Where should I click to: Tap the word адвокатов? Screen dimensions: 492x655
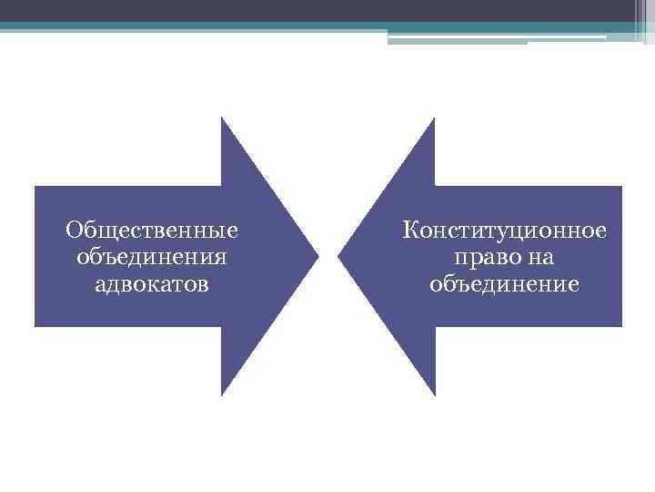[151, 284]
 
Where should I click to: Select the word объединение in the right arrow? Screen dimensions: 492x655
[504, 284]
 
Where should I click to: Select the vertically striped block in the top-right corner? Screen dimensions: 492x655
[642, 20]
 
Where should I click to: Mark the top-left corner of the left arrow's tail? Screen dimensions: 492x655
[36, 188]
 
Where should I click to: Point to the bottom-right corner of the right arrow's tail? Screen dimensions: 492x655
[620, 324]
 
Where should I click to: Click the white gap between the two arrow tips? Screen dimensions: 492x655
[328, 256]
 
